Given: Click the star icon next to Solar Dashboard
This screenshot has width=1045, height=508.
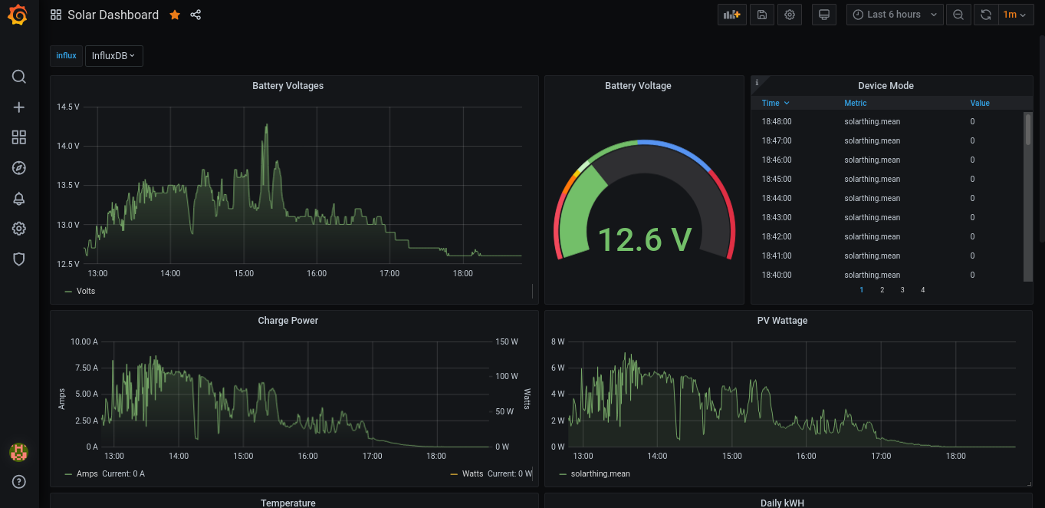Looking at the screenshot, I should click(175, 15).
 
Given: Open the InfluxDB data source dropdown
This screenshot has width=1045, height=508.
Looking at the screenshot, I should click(113, 56).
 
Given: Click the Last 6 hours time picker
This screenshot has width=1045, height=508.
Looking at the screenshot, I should click(895, 15).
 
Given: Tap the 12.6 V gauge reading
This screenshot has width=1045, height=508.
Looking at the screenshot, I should click(644, 239).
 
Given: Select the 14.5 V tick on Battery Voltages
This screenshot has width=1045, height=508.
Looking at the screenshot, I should click(68, 107).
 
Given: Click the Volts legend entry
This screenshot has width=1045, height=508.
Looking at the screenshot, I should click(85, 292).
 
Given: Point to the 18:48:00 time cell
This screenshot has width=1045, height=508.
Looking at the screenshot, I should click(777, 121).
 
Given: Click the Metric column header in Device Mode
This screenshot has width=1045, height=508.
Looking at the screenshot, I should click(856, 103).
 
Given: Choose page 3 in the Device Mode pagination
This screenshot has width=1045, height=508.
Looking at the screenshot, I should click(902, 290).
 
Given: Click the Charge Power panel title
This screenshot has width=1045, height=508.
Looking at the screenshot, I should click(288, 321).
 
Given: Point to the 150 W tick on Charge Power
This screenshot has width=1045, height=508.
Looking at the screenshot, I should click(506, 341).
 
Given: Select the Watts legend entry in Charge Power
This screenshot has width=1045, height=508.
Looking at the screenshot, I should click(472, 474).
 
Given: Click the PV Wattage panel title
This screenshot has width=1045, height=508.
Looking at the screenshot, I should click(782, 321).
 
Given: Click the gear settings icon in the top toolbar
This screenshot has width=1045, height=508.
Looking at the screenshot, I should click(790, 15).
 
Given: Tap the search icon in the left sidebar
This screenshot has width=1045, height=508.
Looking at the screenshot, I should click(19, 77).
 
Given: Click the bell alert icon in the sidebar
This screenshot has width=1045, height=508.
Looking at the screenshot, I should click(19, 199).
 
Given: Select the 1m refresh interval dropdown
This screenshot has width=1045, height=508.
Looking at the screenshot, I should click(1014, 15).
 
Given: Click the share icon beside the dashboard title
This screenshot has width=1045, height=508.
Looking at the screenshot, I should click(196, 15).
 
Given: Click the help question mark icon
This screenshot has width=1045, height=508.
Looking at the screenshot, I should click(19, 482).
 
